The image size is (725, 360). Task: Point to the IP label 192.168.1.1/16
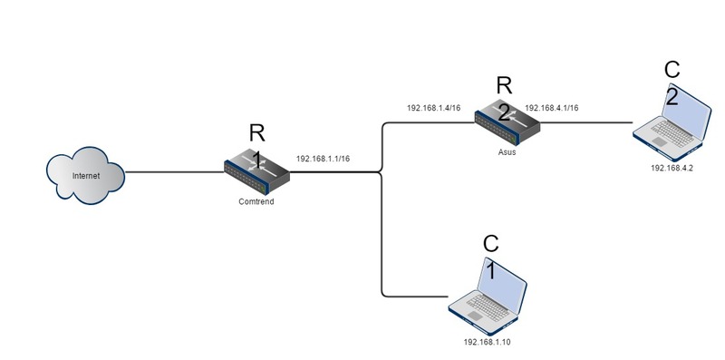point(323,159)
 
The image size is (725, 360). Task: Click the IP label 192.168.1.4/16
point(433,108)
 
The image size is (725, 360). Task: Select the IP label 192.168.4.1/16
point(551,108)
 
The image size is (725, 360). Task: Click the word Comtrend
point(256,202)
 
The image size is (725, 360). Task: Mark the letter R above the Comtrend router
point(256,135)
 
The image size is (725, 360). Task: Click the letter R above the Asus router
point(505,86)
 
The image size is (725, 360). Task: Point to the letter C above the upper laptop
point(672,70)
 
